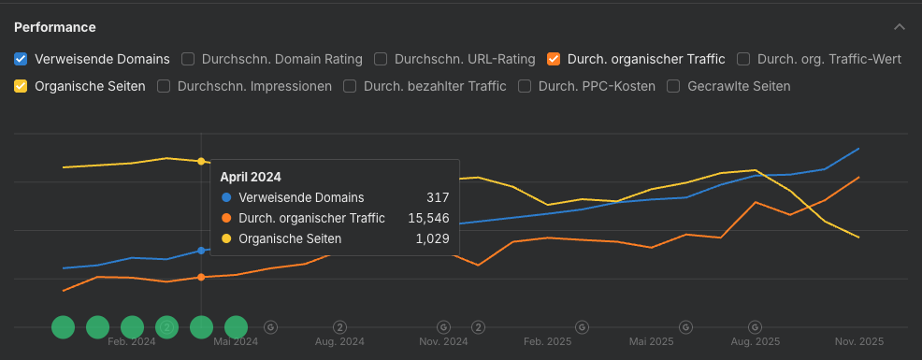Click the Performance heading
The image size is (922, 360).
(x=54, y=27)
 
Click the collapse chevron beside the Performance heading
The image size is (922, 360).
(x=900, y=27)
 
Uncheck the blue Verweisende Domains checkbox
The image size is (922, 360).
(x=21, y=59)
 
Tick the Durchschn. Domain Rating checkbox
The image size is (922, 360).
(x=188, y=59)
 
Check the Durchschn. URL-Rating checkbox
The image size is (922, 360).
(x=381, y=59)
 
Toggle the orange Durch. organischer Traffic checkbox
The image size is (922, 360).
(x=554, y=59)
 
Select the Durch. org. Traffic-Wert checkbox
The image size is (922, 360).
(x=743, y=59)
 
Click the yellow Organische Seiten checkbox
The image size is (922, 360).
(x=21, y=86)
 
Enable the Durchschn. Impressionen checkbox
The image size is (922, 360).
(x=164, y=86)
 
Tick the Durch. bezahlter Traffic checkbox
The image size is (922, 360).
(x=351, y=86)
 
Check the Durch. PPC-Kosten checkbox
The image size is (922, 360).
(x=525, y=86)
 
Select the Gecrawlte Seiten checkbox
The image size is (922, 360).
(x=673, y=86)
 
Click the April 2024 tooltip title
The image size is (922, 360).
(x=251, y=176)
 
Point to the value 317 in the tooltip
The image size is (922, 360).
(x=438, y=197)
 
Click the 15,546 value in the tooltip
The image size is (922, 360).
(x=427, y=218)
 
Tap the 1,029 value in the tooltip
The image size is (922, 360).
(x=431, y=238)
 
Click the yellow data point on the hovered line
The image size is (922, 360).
(x=201, y=162)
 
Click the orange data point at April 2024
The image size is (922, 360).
(x=201, y=277)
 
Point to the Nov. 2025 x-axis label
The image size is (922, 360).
(x=858, y=342)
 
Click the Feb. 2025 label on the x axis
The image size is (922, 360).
(x=547, y=342)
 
